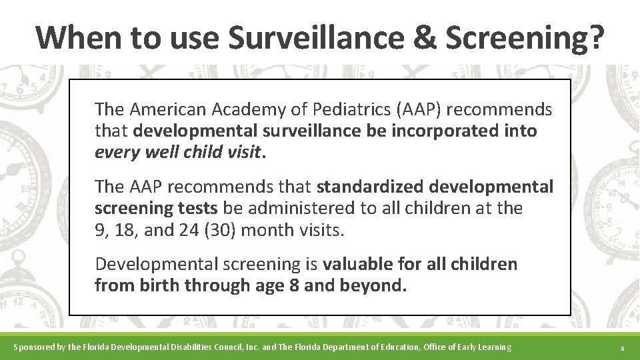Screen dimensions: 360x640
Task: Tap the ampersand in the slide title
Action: (x=423, y=37)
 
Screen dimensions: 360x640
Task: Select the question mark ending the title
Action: (x=596, y=37)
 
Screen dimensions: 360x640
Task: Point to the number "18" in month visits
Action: (x=125, y=230)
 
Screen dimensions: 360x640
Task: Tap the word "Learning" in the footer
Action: (x=493, y=347)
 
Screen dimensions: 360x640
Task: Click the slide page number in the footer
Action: (x=621, y=348)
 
